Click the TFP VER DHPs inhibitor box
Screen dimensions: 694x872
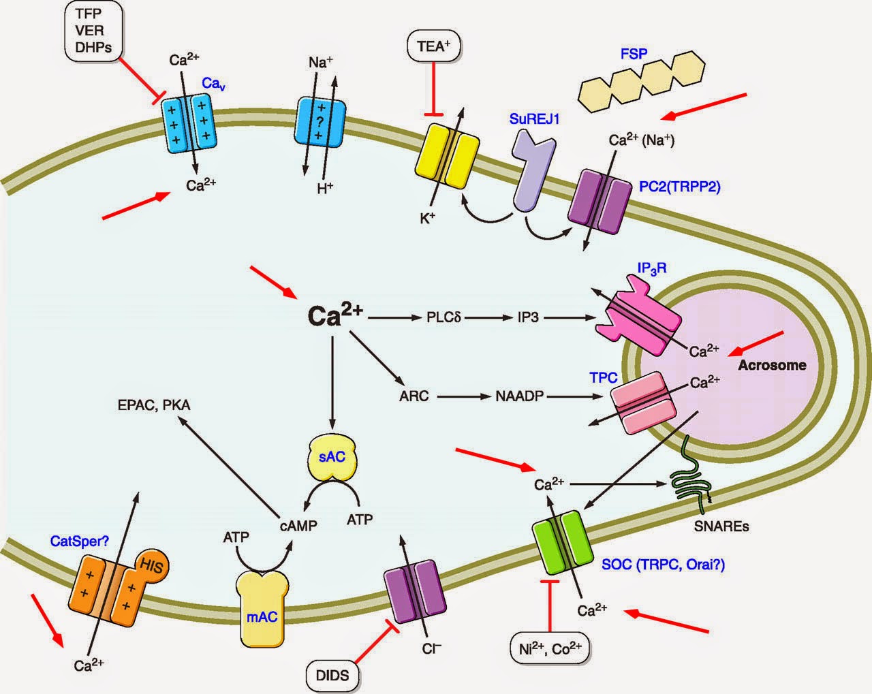coord(89,31)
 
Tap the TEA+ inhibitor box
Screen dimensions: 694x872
coord(433,46)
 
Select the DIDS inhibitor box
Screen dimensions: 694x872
coord(332,675)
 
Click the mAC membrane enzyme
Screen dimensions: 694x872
coord(262,608)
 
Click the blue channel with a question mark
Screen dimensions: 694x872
coord(320,128)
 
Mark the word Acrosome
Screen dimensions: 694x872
coord(772,365)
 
